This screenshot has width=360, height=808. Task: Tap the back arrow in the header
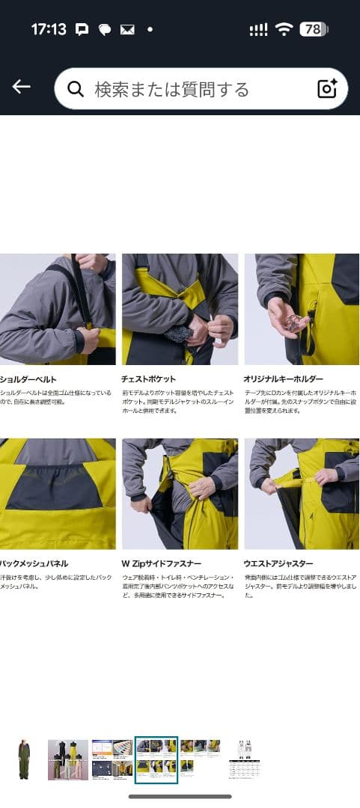(21, 88)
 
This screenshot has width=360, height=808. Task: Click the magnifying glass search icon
(75, 90)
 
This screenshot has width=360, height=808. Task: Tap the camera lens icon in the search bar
(327, 89)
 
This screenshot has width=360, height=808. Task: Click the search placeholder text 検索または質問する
(171, 90)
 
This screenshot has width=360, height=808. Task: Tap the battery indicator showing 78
(314, 30)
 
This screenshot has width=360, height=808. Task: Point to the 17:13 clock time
(49, 30)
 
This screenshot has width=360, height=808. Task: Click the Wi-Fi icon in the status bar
(283, 30)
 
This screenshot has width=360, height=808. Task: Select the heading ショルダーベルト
(28, 379)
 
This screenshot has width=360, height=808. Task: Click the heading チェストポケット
(148, 379)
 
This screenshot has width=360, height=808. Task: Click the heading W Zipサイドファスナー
(158, 563)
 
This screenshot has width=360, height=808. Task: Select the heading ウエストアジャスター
(278, 563)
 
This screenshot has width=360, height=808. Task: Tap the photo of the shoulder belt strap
(58, 309)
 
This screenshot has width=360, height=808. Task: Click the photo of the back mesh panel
(58, 494)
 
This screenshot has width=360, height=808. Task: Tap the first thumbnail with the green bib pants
(24, 759)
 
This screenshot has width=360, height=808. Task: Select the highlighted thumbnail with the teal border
(156, 759)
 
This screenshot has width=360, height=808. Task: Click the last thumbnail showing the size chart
(245, 759)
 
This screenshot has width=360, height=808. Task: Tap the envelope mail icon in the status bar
(127, 30)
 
